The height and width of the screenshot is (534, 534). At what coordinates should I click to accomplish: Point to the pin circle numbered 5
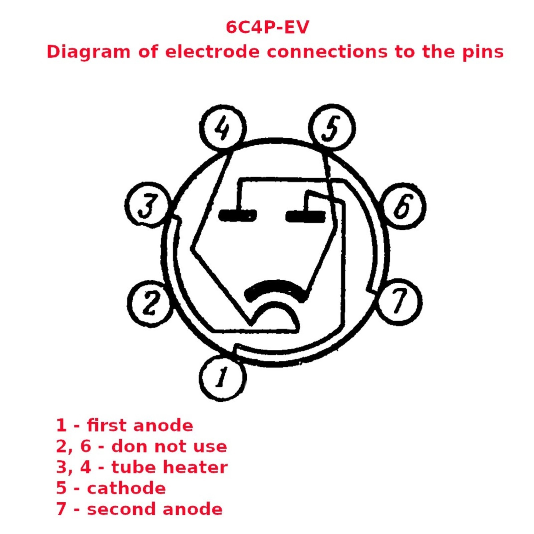click(x=332, y=127)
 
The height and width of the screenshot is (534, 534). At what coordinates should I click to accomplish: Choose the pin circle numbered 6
click(x=403, y=206)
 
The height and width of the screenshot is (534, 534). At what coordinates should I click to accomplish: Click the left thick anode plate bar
click(x=238, y=216)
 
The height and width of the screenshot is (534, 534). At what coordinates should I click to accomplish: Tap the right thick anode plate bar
click(x=306, y=216)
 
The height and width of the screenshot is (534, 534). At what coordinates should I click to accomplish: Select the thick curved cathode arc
click(x=276, y=285)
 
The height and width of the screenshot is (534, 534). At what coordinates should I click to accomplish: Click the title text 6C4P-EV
click(x=267, y=27)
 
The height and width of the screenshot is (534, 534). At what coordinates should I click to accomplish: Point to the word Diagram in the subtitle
click(x=88, y=52)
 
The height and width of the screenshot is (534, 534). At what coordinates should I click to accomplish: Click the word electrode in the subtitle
click(x=212, y=52)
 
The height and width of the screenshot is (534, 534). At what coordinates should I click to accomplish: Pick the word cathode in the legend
click(x=126, y=488)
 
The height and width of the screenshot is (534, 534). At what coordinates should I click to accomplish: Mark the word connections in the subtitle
click(x=327, y=52)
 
